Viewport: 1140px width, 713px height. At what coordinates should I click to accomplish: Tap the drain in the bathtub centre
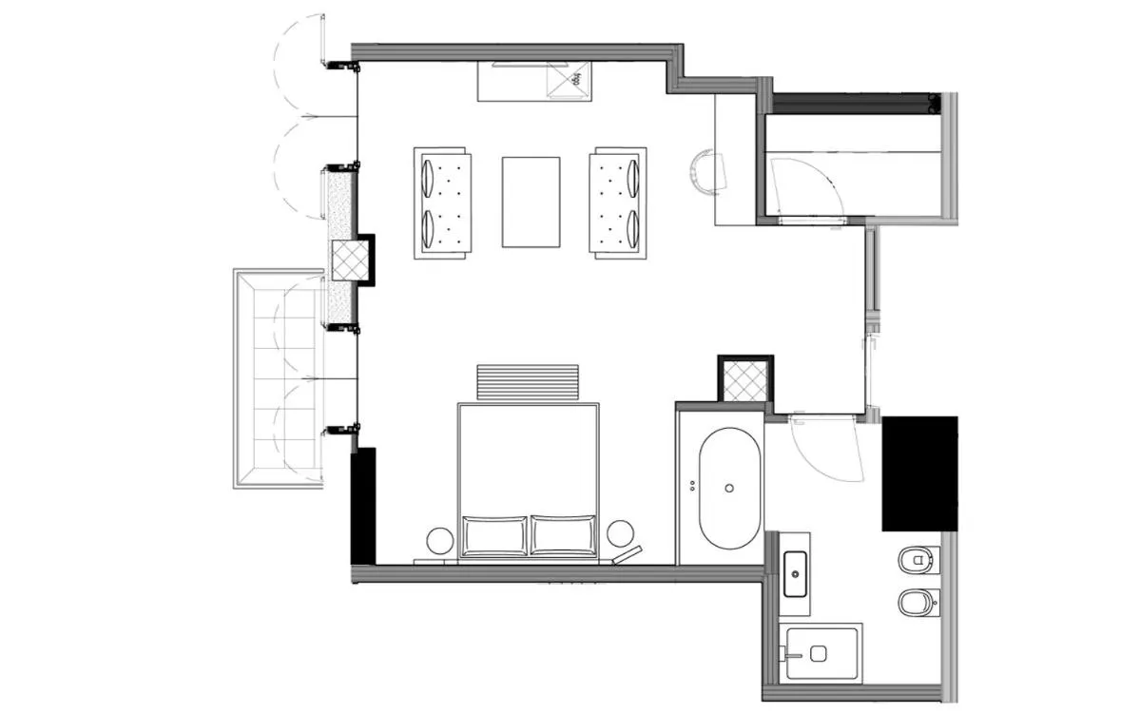coord(729,488)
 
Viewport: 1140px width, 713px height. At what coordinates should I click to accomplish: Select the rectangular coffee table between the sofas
coord(531,202)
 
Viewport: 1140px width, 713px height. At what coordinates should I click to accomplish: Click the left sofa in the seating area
coord(442,202)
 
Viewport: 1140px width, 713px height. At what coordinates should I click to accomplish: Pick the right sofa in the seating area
coord(617,202)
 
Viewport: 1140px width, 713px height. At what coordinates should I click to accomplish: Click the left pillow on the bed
coord(494,534)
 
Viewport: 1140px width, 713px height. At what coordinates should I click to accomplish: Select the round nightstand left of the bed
coord(440,540)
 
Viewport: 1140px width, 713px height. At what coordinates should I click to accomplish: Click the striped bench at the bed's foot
coord(528,382)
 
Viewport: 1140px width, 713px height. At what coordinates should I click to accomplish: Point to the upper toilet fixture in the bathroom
coord(918,561)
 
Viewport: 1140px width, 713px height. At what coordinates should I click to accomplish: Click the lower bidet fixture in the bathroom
coord(918,602)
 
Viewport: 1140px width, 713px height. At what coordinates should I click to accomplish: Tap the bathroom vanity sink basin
coord(794,574)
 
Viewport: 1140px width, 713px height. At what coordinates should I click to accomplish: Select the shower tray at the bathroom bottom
coord(822,652)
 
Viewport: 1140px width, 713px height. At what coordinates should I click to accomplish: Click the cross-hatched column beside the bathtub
coord(744,382)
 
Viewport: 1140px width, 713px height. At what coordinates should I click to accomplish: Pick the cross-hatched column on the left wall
coord(350,260)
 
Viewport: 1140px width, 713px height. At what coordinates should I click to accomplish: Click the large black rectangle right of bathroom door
coord(918,472)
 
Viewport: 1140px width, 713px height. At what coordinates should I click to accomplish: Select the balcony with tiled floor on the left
coord(279,378)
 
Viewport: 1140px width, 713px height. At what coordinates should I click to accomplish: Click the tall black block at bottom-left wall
coord(363,506)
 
